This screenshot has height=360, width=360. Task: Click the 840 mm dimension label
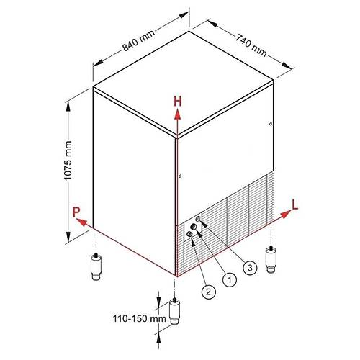(x=139, y=40)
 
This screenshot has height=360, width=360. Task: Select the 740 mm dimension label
(x=251, y=45)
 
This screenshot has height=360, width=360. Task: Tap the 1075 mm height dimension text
(x=68, y=161)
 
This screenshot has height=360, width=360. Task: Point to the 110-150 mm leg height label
(x=140, y=319)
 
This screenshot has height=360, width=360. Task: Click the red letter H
(x=178, y=102)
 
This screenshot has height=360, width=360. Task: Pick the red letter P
(x=76, y=212)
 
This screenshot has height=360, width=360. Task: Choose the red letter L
(x=294, y=204)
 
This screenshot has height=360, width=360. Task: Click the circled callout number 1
(x=230, y=279)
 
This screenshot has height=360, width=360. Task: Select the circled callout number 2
(x=209, y=292)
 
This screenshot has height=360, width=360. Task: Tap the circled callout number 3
(x=250, y=267)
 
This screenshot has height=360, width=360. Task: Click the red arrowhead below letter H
(x=178, y=114)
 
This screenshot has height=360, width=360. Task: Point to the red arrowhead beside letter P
(x=81, y=222)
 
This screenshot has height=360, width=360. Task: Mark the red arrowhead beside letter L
(x=286, y=215)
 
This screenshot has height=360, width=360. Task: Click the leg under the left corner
(x=96, y=266)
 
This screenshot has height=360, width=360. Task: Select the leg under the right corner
(x=271, y=259)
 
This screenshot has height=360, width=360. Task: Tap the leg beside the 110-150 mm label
(x=175, y=312)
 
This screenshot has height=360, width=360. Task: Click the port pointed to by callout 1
(x=194, y=227)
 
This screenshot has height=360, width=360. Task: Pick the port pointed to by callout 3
(x=198, y=219)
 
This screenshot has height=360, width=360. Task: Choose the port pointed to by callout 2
(x=189, y=234)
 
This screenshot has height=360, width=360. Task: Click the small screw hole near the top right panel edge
(x=271, y=124)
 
